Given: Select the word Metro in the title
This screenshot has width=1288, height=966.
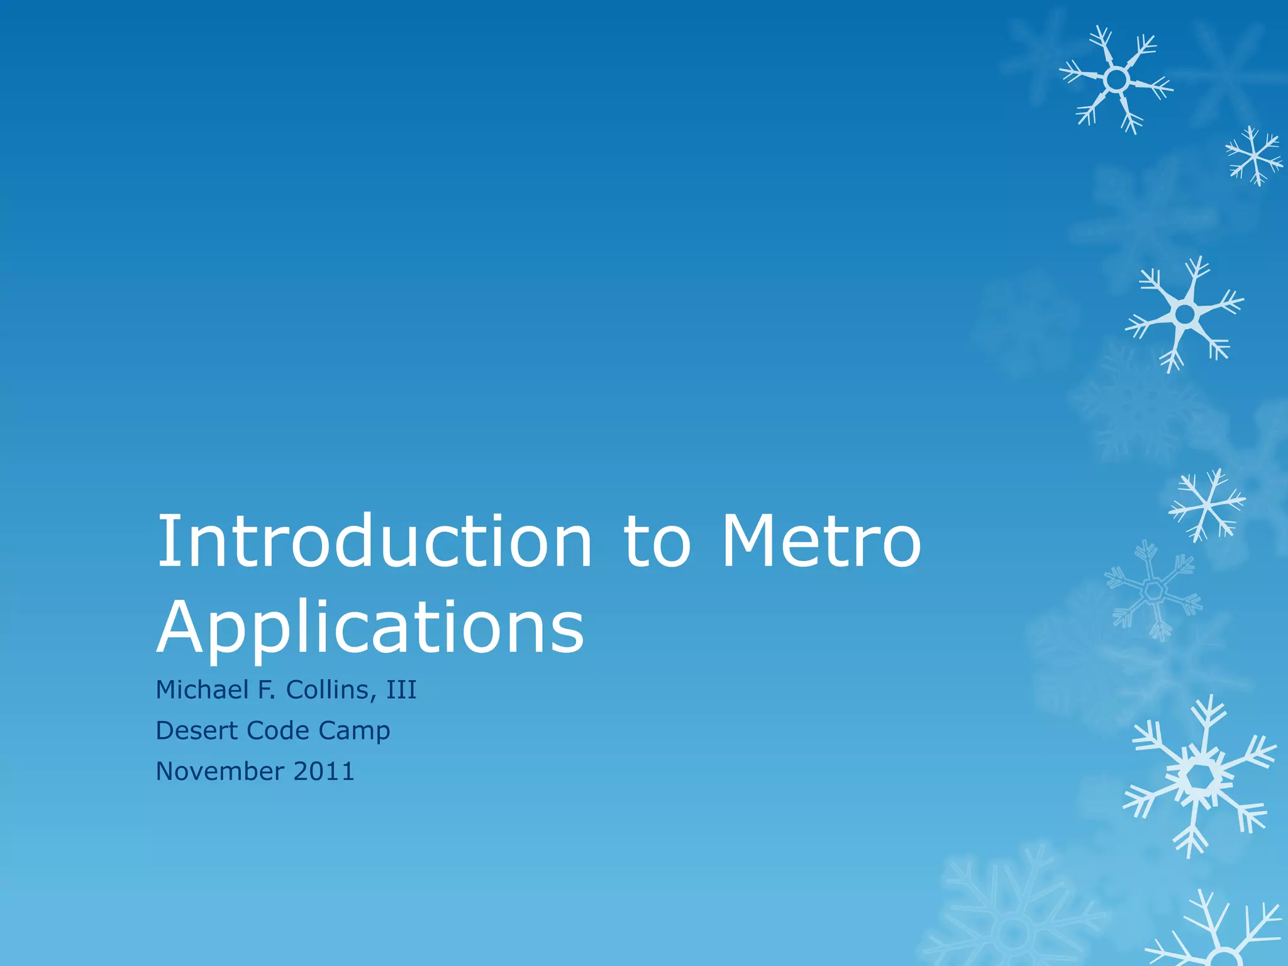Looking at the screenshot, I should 821,541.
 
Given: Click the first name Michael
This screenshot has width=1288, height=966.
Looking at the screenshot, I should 201,690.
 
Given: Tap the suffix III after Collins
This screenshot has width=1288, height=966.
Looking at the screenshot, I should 401,690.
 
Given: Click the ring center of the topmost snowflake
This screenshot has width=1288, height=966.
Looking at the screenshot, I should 1116,80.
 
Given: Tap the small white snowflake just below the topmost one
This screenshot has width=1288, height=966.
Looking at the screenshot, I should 1254,156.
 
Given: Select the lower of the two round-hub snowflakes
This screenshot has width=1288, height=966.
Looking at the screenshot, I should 1185,313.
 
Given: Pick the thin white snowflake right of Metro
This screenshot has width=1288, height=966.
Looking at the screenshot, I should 1206,504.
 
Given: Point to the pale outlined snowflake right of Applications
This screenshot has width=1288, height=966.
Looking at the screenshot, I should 1153,590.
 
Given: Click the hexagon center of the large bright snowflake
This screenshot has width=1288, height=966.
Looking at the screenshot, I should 1200,778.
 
